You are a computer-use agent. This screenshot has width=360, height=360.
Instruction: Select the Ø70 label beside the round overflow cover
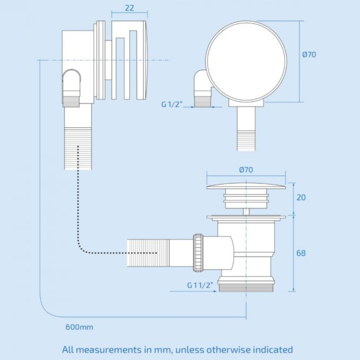[x=309, y=54]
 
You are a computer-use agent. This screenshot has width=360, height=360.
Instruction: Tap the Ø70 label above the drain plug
[x=246, y=170]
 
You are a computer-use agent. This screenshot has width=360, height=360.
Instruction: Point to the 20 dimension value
[x=301, y=197]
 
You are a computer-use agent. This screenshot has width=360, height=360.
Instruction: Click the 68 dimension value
[x=301, y=253]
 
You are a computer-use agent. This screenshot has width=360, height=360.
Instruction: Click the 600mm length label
[x=80, y=327]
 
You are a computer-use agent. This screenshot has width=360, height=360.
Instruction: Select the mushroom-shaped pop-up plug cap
[x=246, y=185]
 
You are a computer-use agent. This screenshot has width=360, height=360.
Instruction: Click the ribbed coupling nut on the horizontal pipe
[x=198, y=253]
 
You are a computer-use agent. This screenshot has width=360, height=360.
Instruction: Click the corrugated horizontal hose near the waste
[x=148, y=253]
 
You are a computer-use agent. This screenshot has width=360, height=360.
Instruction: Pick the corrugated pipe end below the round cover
[x=246, y=140]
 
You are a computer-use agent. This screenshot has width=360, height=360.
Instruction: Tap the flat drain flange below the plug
[x=246, y=218]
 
